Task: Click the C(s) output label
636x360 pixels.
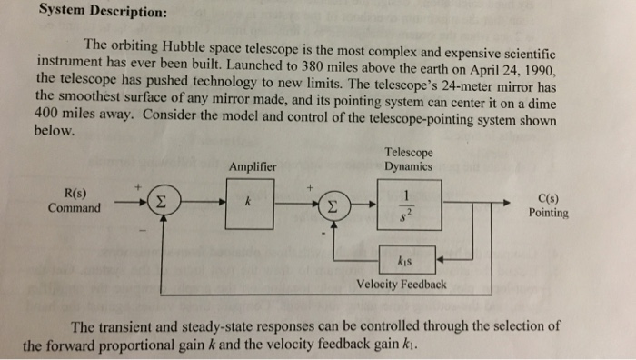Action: click(548, 198)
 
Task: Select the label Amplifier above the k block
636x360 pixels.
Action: click(253, 166)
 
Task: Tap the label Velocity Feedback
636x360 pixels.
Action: click(402, 285)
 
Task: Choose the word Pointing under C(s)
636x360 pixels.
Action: click(548, 214)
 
